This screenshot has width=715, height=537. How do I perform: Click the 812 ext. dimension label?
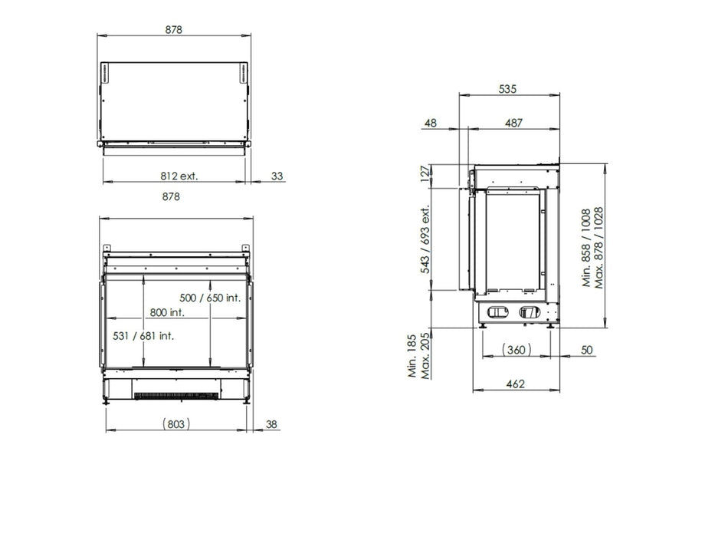click(x=179, y=176)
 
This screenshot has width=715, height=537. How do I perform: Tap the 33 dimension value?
click(x=277, y=176)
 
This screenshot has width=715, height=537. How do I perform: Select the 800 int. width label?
click(x=167, y=312)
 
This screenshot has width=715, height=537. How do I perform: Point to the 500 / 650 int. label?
click(x=210, y=298)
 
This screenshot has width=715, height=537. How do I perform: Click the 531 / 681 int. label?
click(x=143, y=336)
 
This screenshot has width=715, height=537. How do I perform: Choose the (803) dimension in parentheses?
click(x=176, y=424)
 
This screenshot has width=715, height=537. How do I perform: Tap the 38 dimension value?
click(x=271, y=424)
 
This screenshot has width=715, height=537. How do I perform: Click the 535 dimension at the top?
click(x=507, y=88)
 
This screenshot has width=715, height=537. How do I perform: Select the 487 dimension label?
click(x=513, y=123)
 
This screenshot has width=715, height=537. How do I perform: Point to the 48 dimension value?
click(x=431, y=123)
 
